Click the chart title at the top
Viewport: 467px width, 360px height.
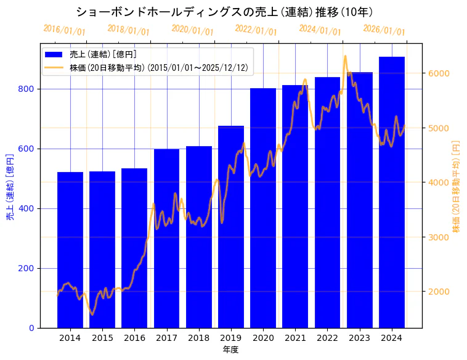point(225,12)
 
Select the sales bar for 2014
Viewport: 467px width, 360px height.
point(70,250)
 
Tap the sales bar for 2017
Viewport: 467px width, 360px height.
point(166,238)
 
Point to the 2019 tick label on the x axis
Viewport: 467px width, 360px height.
point(231,338)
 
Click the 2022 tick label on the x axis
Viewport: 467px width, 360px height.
point(327,338)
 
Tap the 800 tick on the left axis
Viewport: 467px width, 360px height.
point(26,89)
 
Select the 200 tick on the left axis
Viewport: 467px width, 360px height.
point(26,268)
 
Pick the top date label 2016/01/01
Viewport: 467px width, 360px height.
point(64,30)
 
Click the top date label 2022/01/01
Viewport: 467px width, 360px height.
point(256,30)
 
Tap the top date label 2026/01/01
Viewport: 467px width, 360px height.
point(384,30)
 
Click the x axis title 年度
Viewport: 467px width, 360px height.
point(230,349)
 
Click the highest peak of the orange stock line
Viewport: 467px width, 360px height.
point(345,56)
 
